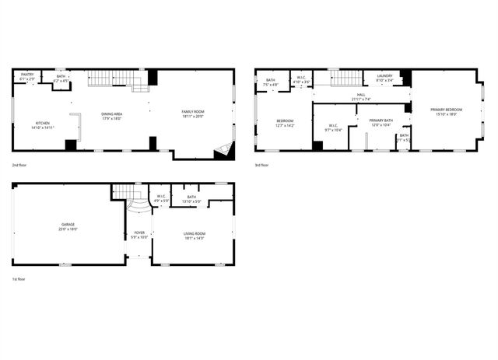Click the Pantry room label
click(x=26, y=75)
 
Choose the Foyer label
click(x=139, y=232)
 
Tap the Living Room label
click(x=194, y=233)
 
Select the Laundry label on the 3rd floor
click(x=384, y=76)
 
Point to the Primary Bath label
click(x=381, y=121)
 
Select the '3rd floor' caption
click(x=262, y=166)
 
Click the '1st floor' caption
click(x=19, y=278)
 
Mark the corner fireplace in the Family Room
click(x=224, y=150)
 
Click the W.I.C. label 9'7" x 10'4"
click(x=332, y=126)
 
